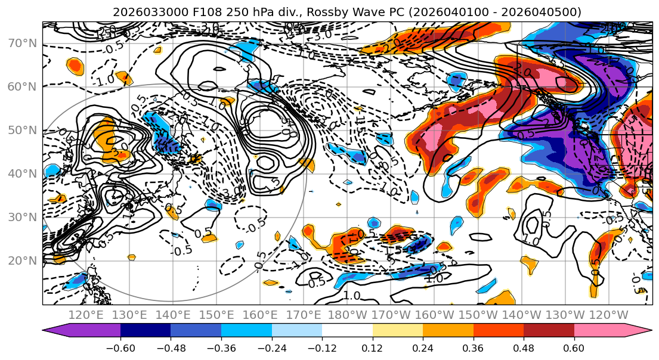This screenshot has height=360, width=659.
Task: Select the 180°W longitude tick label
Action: [x=355, y=315]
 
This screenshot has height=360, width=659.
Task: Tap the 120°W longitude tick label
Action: [x=608, y=315]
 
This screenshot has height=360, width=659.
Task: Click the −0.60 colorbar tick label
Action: [x=120, y=347]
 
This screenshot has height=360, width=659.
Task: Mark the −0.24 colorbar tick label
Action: [x=271, y=347]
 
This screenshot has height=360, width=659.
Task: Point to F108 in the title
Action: [x=194, y=11]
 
